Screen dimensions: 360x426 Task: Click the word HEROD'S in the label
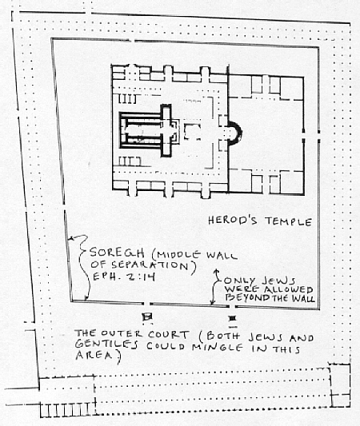coord(233,220)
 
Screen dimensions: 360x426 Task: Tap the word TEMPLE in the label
coord(289,221)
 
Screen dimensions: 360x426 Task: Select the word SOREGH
coord(117,253)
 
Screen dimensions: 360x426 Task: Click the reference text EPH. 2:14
coord(124,277)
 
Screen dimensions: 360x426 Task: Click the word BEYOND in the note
coord(247,298)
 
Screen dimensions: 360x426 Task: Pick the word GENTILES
coord(106,344)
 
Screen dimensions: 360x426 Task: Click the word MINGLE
coord(218,347)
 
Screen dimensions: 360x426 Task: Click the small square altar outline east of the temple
coord(193,132)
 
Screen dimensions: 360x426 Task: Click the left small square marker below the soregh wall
coord(147,317)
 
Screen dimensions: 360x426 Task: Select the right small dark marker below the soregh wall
coord(233,318)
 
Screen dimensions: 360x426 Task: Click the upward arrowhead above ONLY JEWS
coord(217,271)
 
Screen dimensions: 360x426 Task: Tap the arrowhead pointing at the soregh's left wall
coord(70,238)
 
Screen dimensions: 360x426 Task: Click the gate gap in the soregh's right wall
coord(318,136)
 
